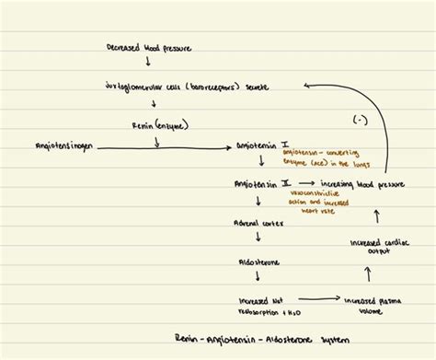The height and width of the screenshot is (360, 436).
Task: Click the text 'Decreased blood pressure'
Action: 149,46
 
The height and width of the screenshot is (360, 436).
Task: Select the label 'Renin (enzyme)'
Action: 157,124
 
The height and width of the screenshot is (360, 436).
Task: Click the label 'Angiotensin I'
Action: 262,145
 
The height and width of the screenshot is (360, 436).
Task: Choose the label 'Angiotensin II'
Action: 262,184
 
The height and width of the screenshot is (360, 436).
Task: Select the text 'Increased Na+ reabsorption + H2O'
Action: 261,303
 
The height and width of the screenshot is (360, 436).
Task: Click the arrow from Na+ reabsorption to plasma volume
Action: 317,299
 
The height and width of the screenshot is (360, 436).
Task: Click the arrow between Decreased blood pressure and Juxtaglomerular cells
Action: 149,64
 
